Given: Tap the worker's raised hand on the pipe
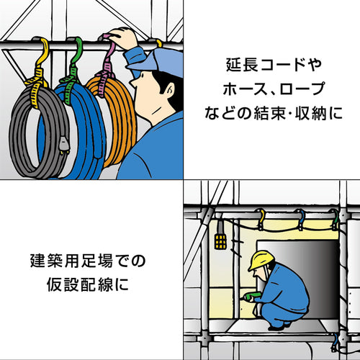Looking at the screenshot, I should click(x=127, y=39).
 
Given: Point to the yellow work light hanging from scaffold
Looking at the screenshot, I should click(x=220, y=239).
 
